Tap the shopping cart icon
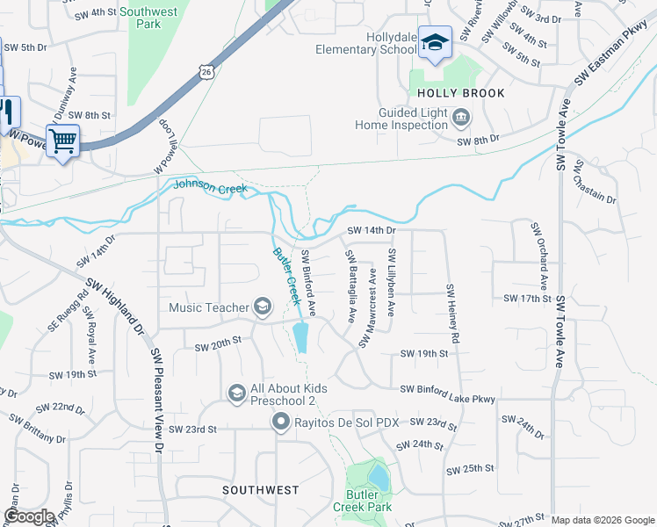pos(62,141)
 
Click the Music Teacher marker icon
pos(262,306)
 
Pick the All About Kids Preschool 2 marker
pos(236,392)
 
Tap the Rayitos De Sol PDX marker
pos(281,422)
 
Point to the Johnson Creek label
pos(211,186)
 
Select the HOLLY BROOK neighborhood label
pos(461,93)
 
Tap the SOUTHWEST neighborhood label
pos(260,490)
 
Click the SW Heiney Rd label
pos(453,313)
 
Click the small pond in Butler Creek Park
pos(379,477)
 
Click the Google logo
pos(28,516)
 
